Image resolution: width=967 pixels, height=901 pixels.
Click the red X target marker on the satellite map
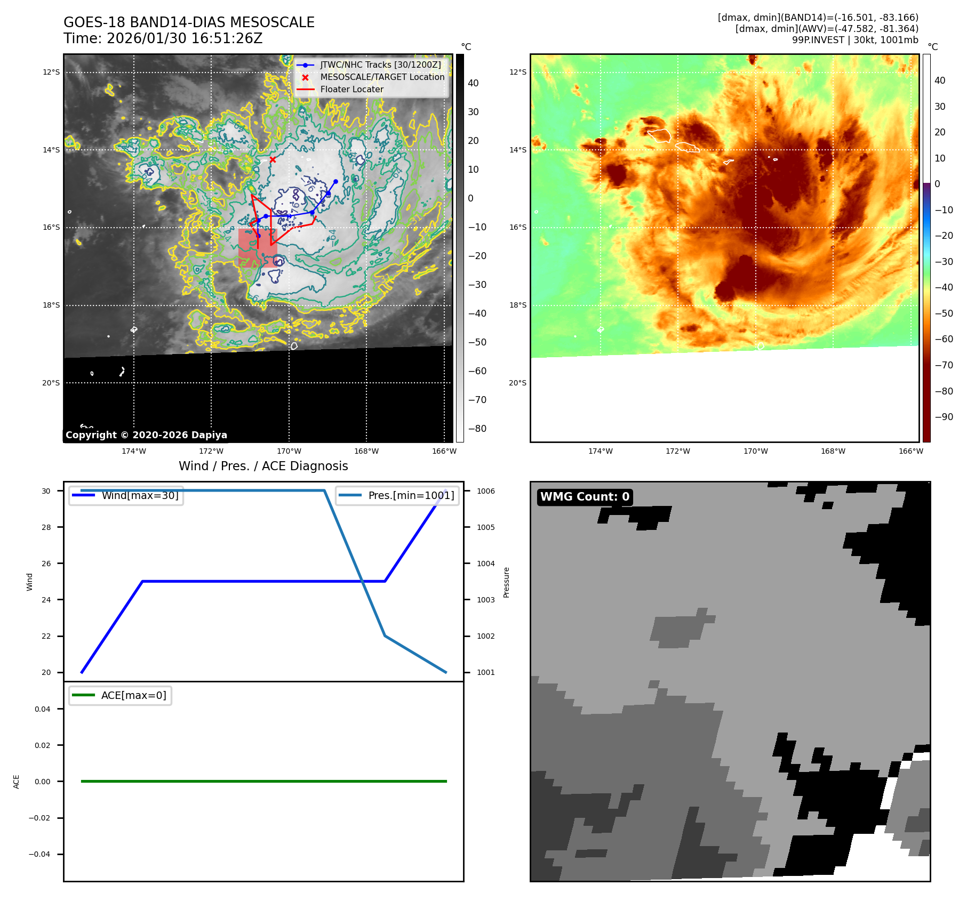click(x=273, y=159)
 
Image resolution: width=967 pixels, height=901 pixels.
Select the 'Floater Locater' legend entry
click(x=351, y=90)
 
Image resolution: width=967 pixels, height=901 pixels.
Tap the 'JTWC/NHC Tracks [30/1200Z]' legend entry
click(x=380, y=65)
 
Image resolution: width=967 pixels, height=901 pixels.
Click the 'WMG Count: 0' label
click(x=585, y=497)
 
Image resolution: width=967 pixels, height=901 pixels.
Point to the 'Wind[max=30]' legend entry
click(x=140, y=496)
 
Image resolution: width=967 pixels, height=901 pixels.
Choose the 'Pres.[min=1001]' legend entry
click(x=411, y=496)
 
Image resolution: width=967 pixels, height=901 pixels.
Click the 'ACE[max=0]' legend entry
click(x=133, y=696)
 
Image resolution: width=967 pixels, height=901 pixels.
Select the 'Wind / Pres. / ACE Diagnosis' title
click(x=263, y=466)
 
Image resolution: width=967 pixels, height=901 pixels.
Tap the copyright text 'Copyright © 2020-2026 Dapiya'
click(x=146, y=435)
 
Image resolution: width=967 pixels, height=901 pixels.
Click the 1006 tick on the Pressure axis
click(x=485, y=491)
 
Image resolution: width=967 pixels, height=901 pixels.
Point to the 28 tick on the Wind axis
click(x=46, y=527)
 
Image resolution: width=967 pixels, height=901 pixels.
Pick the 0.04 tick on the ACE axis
click(x=43, y=709)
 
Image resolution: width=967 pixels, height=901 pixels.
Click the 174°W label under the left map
click(x=133, y=452)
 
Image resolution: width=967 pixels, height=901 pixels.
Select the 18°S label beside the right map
click(x=517, y=305)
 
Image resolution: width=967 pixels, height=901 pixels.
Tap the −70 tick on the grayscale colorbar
click(x=477, y=400)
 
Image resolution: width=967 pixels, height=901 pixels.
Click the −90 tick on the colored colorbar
click(x=944, y=417)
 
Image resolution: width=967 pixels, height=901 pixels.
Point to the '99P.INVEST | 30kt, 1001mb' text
click(x=855, y=40)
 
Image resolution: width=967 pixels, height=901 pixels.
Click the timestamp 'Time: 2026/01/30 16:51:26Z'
click(x=163, y=39)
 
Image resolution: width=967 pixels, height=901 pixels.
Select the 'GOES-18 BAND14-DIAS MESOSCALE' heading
click(x=189, y=22)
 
